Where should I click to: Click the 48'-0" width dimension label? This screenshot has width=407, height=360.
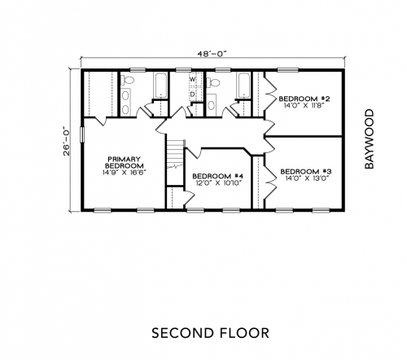pos(212,54)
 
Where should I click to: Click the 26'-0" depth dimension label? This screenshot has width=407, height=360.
pos(67,141)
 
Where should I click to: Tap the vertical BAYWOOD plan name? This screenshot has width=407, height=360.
pos(370,139)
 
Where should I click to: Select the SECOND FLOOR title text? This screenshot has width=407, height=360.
pos(210,333)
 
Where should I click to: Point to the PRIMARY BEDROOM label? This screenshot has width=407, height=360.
pos(125,162)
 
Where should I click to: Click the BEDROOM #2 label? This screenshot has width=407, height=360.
pos(304,99)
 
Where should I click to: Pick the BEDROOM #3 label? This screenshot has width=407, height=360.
pos(306,172)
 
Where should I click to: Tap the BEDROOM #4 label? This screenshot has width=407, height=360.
pos(218,176)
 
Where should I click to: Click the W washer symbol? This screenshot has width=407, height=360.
pos(193,80)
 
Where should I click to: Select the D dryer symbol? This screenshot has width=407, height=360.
pos(192,94)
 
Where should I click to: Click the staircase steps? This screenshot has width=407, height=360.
pos(175,154)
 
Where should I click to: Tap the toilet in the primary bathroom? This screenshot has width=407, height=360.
pos(128,81)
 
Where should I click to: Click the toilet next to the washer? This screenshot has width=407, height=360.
pos(213,82)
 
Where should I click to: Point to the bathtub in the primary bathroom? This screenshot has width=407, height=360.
pos(161,86)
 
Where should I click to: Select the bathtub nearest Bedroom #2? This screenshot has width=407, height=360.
pos(244,86)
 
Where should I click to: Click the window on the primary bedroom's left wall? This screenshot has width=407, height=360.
pos(81,134)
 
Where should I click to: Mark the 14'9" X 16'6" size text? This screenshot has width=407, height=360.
pos(125,173)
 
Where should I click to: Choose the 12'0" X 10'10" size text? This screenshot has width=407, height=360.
pos(219,183)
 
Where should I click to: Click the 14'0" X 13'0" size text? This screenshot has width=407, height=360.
pos(307,178)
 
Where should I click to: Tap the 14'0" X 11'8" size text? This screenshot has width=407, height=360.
pos(304,106)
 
